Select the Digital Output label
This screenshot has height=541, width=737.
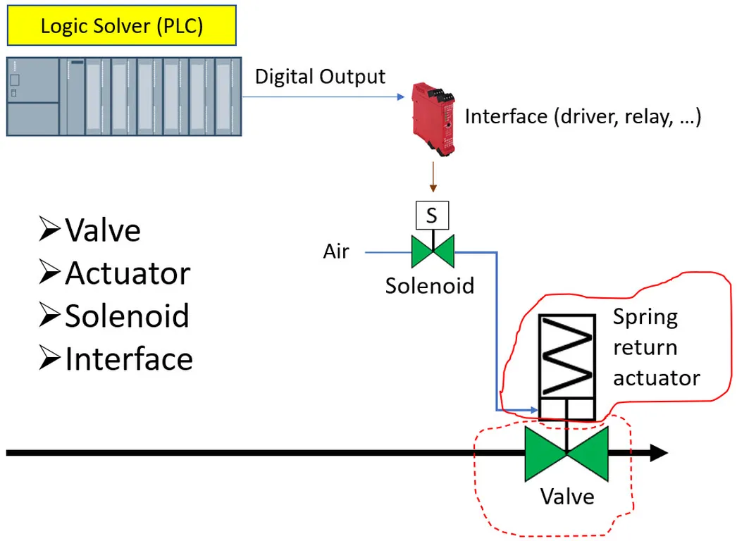[x=320, y=77]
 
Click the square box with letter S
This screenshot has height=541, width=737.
[x=431, y=216]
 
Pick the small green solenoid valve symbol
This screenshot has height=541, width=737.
[x=433, y=251]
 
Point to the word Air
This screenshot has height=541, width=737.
[x=336, y=251]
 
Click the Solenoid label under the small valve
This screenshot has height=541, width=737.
[x=429, y=285]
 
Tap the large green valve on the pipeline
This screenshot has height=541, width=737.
[x=566, y=454]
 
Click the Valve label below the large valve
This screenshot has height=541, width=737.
[x=567, y=497]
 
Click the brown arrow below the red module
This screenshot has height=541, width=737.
[x=433, y=179]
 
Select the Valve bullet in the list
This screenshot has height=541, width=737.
[x=90, y=230]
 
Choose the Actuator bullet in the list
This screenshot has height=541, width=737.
[x=114, y=273]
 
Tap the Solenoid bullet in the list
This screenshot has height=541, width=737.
[x=114, y=316]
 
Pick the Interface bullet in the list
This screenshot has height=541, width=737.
[x=116, y=359]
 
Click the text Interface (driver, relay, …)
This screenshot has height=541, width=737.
[x=583, y=116]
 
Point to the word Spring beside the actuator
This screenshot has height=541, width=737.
[x=645, y=317]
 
